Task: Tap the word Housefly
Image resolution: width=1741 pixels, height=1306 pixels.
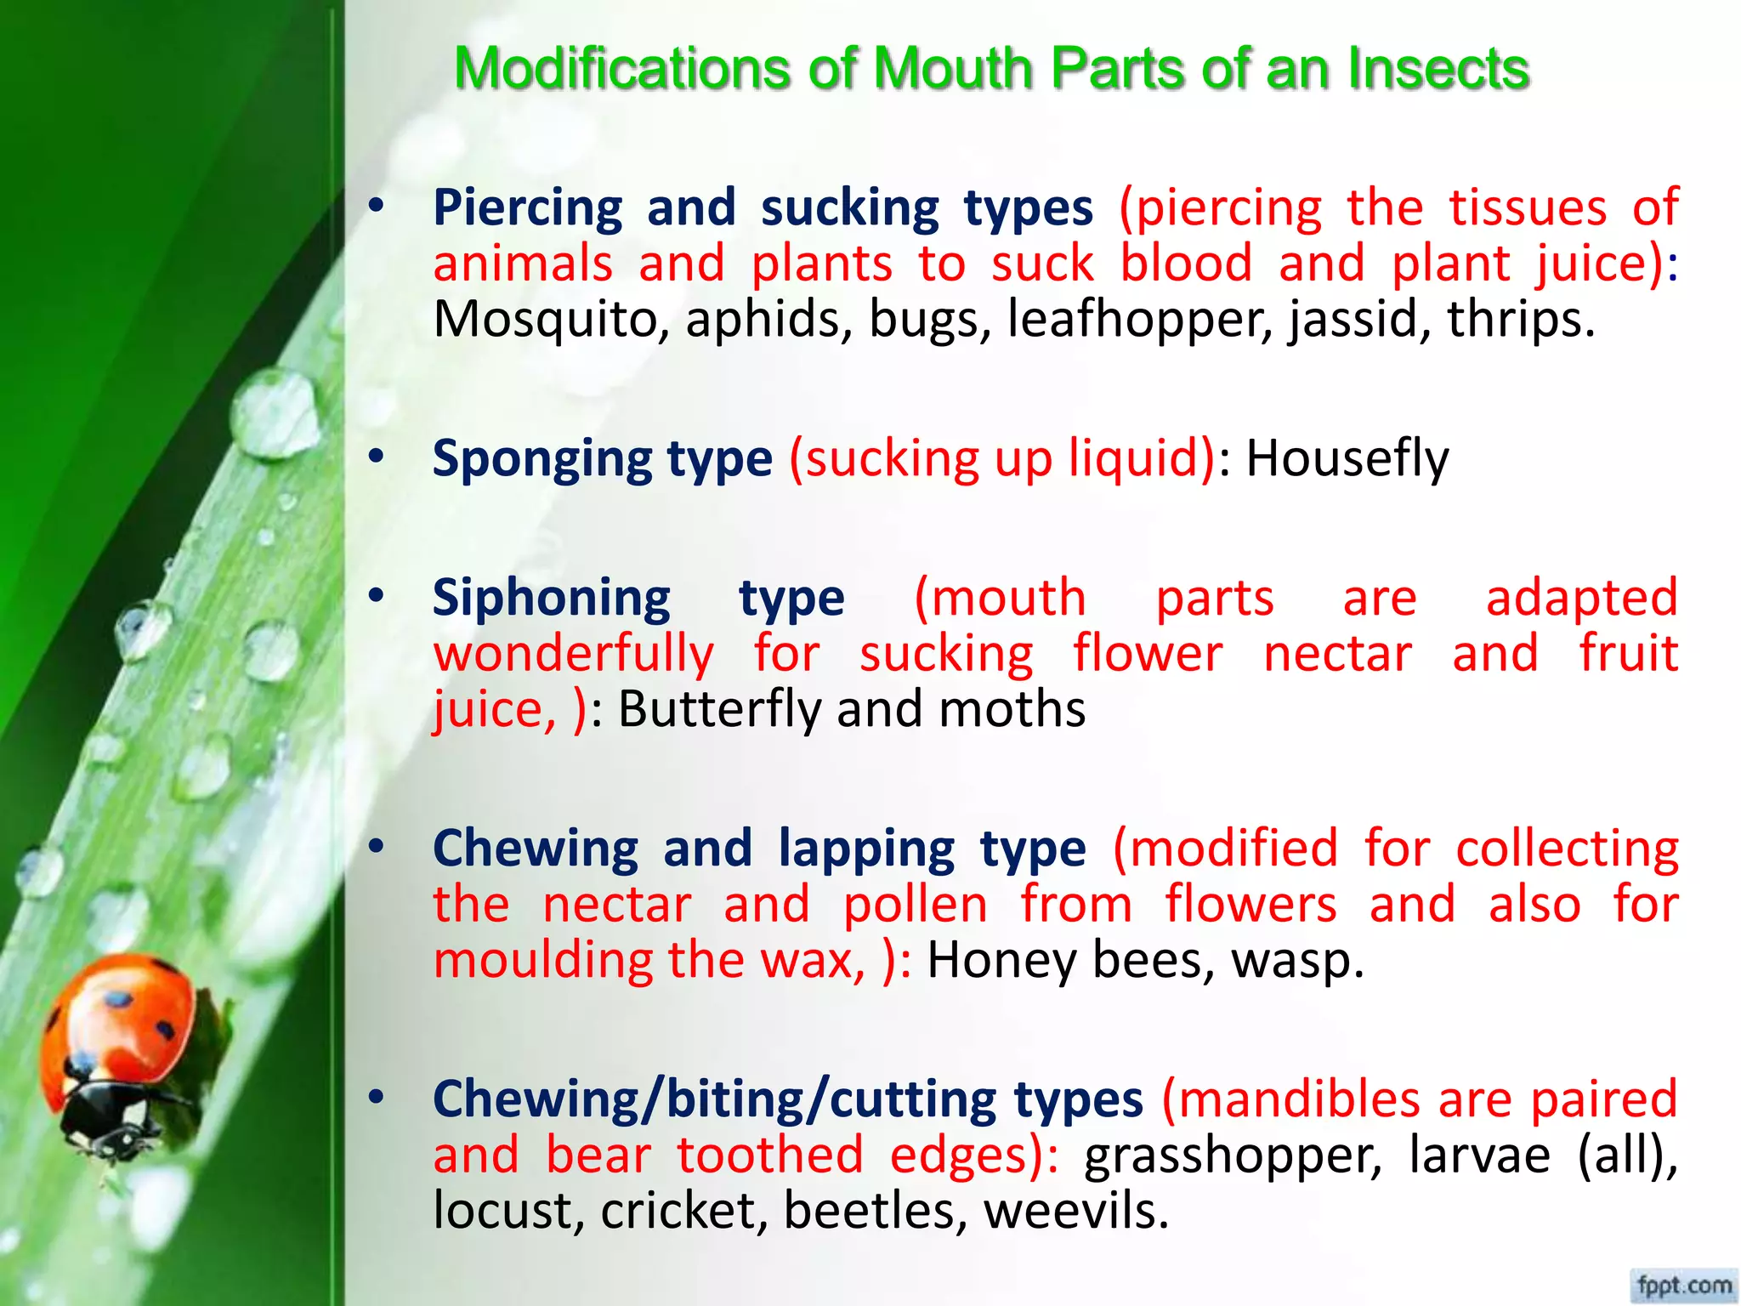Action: coord(1347,459)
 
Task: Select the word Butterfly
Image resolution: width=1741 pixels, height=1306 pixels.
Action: coord(718,709)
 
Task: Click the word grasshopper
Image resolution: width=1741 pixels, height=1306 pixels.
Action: coord(1233,1156)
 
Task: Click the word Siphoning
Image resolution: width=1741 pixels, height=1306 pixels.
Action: coord(552,599)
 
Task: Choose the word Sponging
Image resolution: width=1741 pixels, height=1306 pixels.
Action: coord(542,459)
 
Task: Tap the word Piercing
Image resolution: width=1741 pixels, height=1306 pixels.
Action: coord(528,209)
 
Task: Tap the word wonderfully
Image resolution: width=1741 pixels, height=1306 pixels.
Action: coord(574,655)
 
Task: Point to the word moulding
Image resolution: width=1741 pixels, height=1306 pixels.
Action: coord(542,961)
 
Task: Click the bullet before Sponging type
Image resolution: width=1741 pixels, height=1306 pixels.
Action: coord(377,457)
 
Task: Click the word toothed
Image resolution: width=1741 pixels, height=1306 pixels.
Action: coord(770,1156)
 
